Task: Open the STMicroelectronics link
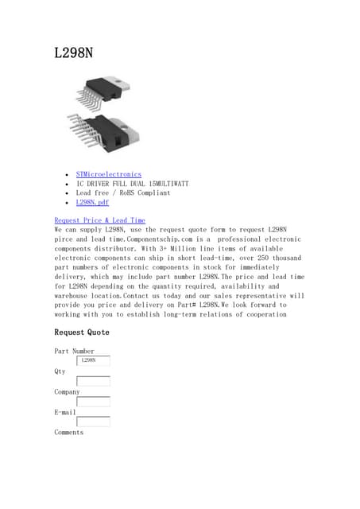point(109,174)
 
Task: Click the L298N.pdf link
point(92,203)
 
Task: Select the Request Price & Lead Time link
point(99,220)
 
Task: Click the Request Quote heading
point(82,332)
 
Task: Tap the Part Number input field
point(93,360)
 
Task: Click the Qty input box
point(93,381)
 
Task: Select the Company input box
point(93,402)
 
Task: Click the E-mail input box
point(93,422)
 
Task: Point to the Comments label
point(68,433)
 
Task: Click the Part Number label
point(74,351)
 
